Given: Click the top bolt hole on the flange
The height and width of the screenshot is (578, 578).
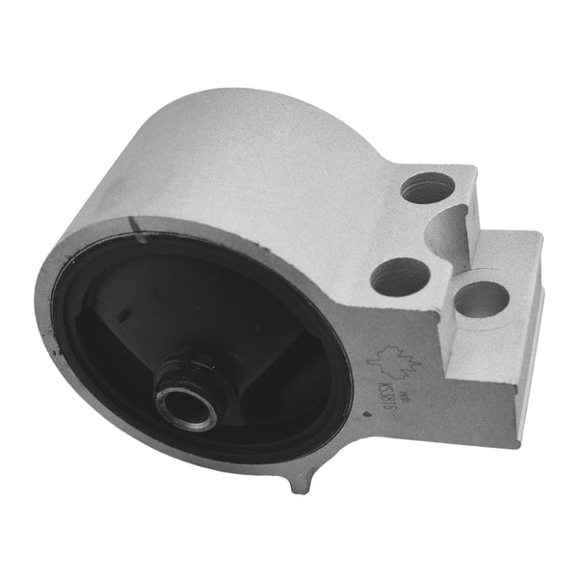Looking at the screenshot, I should point(426,188).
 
